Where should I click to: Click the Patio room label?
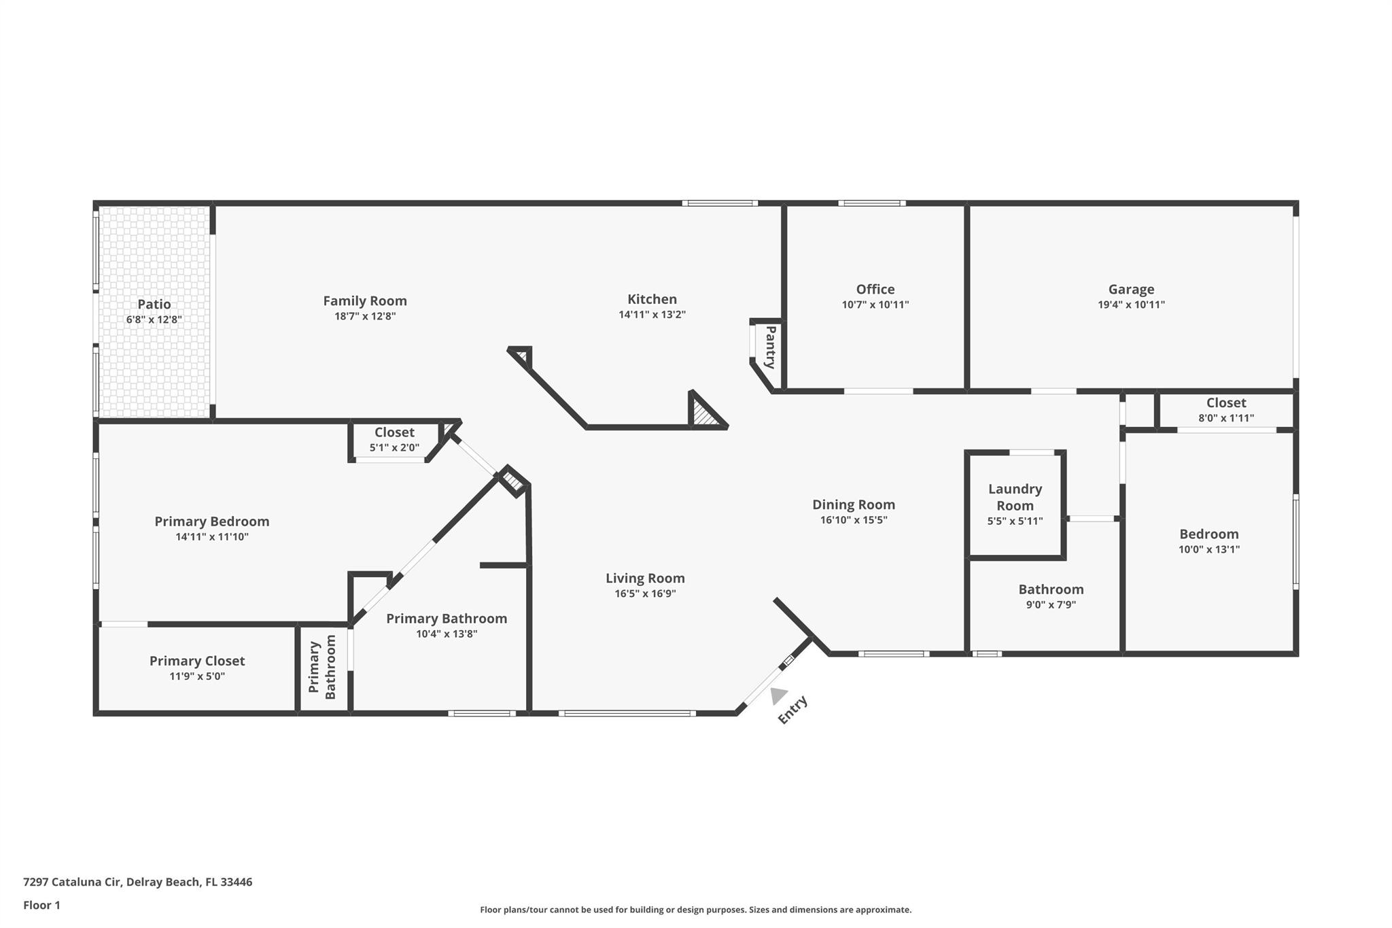coord(154,304)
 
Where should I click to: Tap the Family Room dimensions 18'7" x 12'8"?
coord(365,316)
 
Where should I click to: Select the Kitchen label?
coord(652,299)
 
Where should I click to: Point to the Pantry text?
coord(771,347)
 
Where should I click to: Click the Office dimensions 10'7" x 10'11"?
coord(875,305)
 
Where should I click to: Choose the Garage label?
coord(1131,290)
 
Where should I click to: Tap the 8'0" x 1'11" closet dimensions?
coord(1226,418)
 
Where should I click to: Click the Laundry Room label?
coord(1015,497)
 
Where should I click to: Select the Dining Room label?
coord(854,504)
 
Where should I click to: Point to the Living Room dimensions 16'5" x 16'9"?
coord(645,594)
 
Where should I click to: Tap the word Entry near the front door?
coord(793,710)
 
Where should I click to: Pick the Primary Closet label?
coord(197,661)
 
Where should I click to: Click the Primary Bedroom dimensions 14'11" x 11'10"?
coord(212,537)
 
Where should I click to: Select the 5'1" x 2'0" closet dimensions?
coord(394,448)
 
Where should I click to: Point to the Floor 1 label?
coord(41,906)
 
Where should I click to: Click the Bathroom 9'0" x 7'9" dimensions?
coord(1051,605)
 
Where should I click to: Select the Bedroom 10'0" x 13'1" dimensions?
coord(1209,549)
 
